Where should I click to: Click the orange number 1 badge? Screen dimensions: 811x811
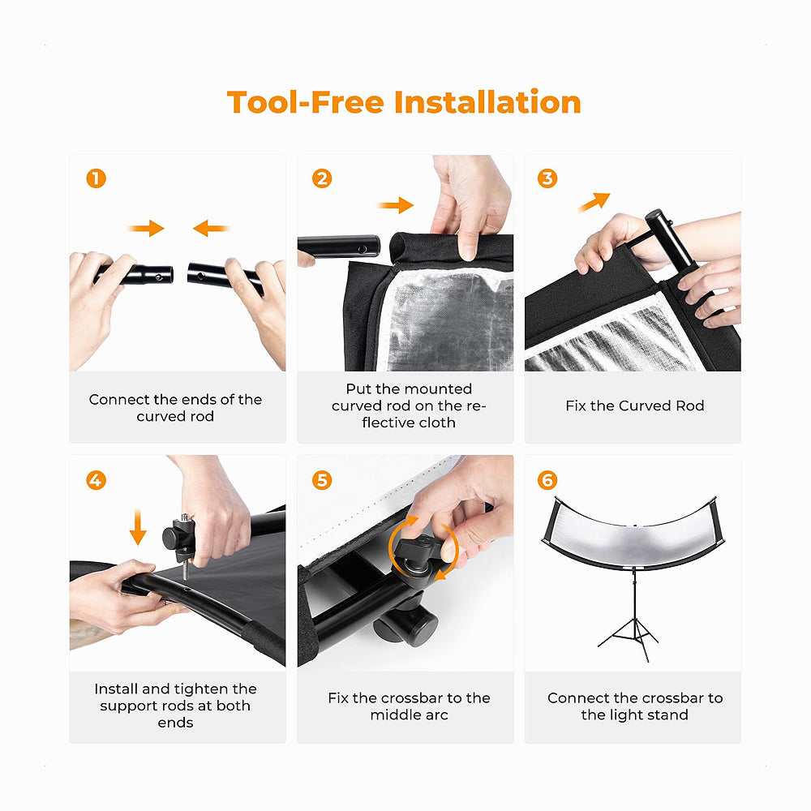point(97,178)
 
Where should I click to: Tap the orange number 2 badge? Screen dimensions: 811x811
point(322,178)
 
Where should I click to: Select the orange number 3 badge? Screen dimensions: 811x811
point(547,178)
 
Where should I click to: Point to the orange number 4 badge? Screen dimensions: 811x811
point(97,480)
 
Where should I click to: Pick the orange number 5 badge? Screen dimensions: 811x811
point(322,480)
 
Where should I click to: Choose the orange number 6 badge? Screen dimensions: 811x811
point(547,480)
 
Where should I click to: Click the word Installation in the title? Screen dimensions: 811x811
point(487,102)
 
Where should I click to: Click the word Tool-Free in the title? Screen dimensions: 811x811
point(306,102)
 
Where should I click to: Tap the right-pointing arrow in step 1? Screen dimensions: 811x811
point(146,228)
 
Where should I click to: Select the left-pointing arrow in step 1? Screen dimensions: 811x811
point(211,228)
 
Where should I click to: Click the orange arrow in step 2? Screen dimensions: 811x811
point(396,205)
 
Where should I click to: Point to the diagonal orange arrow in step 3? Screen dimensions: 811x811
point(594,202)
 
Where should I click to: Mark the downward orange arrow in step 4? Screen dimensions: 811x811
point(138,526)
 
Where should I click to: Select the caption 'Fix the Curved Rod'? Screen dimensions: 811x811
point(635,405)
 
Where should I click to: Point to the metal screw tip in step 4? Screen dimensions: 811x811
point(185,577)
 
